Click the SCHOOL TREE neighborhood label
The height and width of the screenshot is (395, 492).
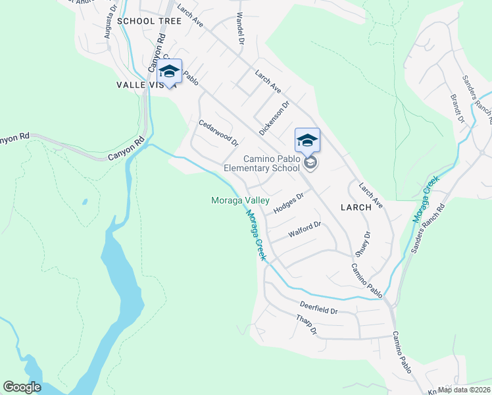click(149, 21)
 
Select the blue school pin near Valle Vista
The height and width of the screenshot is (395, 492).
click(169, 72)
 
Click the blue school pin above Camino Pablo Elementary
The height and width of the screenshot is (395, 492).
click(307, 141)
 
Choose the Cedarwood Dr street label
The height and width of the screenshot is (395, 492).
click(218, 131)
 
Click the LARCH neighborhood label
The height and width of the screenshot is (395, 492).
click(356, 207)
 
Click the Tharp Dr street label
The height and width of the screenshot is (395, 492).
click(307, 325)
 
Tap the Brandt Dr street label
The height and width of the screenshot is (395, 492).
click(457, 110)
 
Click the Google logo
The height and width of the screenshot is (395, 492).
click(22, 387)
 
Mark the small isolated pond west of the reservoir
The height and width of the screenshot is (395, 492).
click(85, 201)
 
